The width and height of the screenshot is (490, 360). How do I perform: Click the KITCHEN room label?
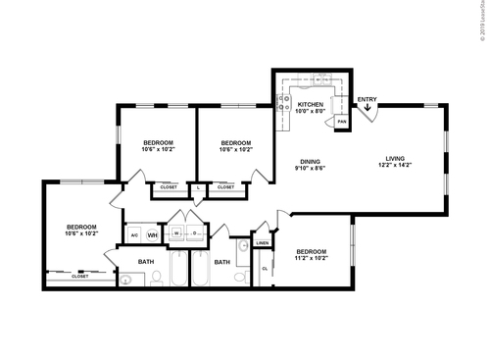(x=310, y=104)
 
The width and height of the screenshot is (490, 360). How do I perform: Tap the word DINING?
(x=310, y=161)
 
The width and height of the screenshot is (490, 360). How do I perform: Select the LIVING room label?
(x=395, y=158)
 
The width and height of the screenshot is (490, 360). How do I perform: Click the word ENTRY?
(x=367, y=99)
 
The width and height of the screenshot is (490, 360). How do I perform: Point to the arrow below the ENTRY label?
(x=367, y=109)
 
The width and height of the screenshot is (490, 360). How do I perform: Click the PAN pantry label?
(x=342, y=122)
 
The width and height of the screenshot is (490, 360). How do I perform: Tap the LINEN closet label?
(x=263, y=242)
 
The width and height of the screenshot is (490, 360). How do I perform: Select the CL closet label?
(x=265, y=268)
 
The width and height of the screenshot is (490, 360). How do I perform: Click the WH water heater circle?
(x=153, y=235)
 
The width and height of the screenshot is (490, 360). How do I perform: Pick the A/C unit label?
(x=133, y=235)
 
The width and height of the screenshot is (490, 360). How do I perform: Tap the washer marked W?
(x=177, y=233)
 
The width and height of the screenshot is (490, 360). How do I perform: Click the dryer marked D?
(x=195, y=233)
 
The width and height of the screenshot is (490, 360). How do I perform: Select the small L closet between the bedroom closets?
(x=199, y=186)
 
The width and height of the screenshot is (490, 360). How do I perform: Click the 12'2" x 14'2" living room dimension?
(x=395, y=166)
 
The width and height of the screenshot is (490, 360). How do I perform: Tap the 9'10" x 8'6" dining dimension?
(x=310, y=169)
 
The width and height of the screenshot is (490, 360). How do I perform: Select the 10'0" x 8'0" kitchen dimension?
(x=310, y=112)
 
